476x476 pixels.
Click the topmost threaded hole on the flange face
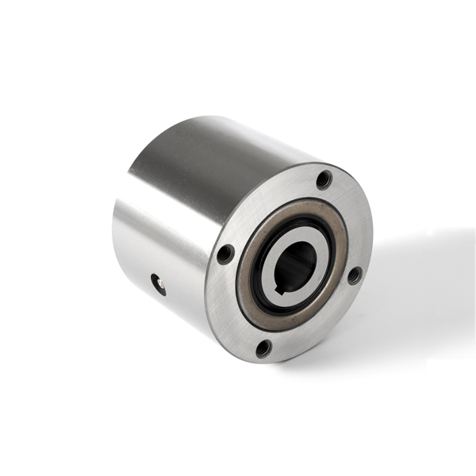324,179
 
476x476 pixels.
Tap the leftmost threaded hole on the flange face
225,254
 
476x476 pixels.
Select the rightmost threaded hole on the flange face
354,274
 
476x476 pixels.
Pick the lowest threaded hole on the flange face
263,347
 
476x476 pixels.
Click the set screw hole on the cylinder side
159,283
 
